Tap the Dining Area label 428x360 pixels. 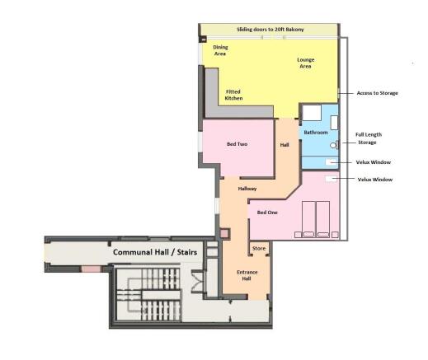click(221, 51)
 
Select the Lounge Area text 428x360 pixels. click(305, 63)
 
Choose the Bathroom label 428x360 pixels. click(316, 132)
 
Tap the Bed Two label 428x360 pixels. click(238, 144)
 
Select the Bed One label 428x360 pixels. click(267, 213)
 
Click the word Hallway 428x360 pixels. click(247, 189)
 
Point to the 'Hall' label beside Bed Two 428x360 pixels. click(285, 145)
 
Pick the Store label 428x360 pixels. click(257, 246)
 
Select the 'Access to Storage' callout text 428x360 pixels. click(377, 93)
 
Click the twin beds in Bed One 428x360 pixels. click(314, 220)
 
